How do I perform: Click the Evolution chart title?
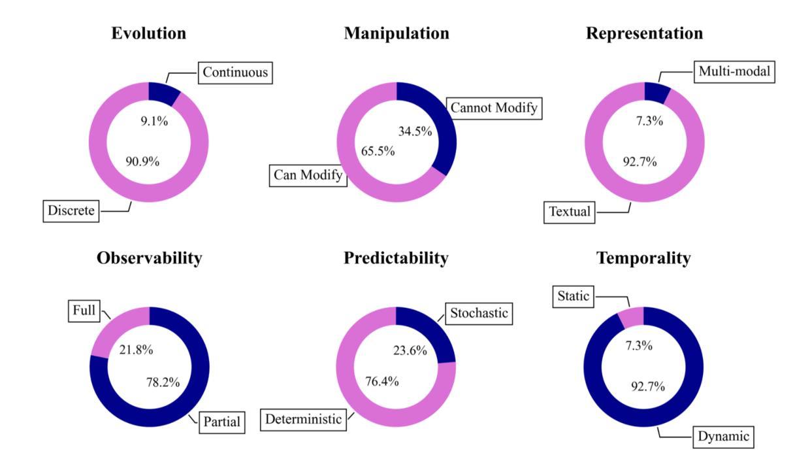pyautogui.click(x=149, y=33)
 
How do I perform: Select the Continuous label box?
pyautogui.click(x=235, y=73)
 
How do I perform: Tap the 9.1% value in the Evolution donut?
pyautogui.click(x=154, y=121)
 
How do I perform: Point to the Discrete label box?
pyautogui.click(x=71, y=211)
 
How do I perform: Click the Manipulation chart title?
pyautogui.click(x=397, y=33)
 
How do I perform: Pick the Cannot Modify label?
pyautogui.click(x=494, y=107)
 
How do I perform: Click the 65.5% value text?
pyautogui.click(x=378, y=151)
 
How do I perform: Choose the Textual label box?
pyautogui.click(x=570, y=212)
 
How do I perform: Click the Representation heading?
pyautogui.click(x=644, y=33)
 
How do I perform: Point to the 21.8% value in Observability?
pyautogui.click(x=136, y=350)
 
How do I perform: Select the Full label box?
pyautogui.click(x=84, y=311)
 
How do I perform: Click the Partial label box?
pyautogui.click(x=220, y=422)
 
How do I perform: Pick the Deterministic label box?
pyautogui.click(x=304, y=419)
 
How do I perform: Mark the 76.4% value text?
pyautogui.click(x=382, y=382)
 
